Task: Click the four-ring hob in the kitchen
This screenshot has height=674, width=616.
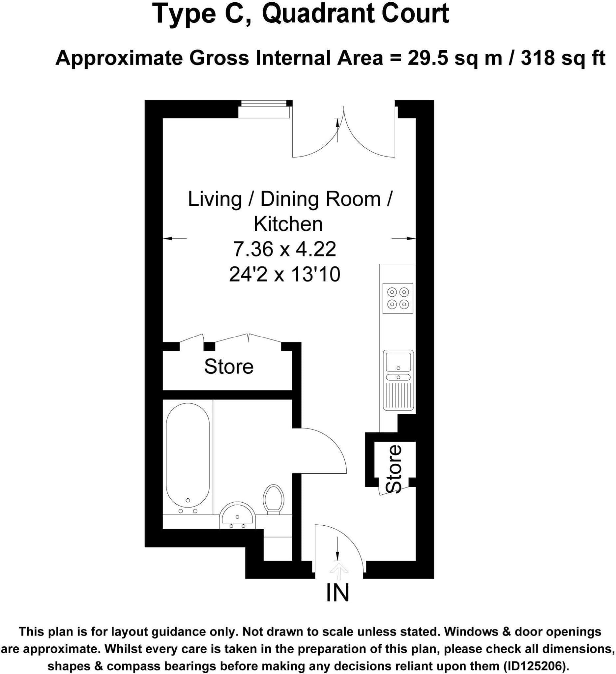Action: coord(398,298)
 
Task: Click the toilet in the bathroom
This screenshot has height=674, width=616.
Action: coord(273,500)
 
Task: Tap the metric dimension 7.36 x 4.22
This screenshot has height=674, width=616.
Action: coord(284,249)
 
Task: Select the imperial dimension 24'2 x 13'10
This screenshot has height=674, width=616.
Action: coord(285,275)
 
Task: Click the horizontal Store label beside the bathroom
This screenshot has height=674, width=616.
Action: coord(229,367)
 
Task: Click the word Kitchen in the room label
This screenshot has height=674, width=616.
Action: coord(288,224)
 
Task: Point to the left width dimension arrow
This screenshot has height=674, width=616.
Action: coord(174,238)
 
